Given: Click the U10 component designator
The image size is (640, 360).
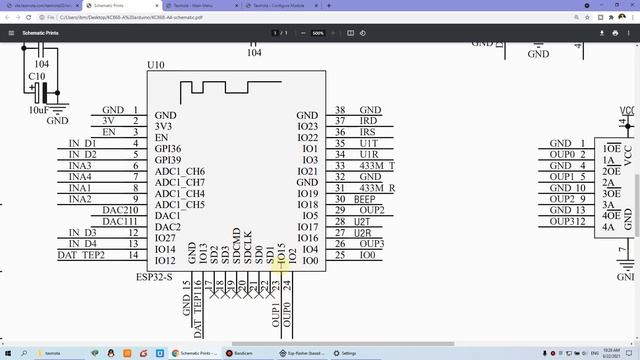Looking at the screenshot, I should coord(156,65).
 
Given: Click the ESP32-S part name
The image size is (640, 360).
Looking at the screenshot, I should coord(156,276).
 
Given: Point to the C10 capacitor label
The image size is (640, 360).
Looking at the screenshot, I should coord(36,77).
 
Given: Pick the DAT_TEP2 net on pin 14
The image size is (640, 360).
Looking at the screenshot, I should coord(81,255).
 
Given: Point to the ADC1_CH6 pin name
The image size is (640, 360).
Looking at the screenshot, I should coord(180,171).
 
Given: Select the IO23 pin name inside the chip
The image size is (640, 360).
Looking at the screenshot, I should coord(308,127).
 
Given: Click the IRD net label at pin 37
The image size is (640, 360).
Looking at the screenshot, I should coord(368,121).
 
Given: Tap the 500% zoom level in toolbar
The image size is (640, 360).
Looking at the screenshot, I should coord(317,33).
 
